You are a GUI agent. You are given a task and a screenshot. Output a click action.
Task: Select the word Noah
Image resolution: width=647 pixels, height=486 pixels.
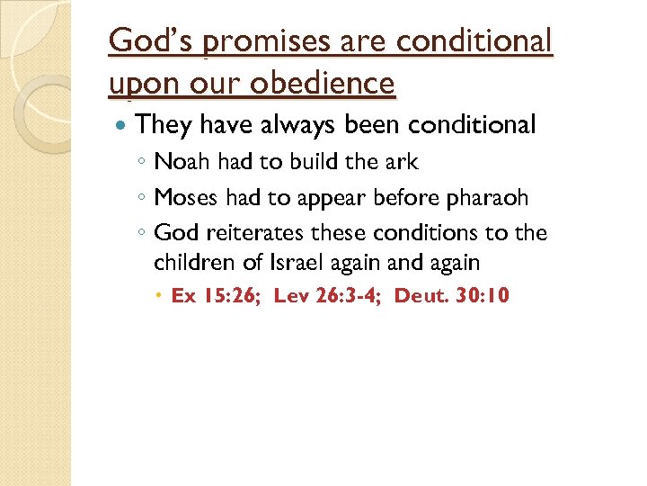pyautogui.click(x=182, y=162)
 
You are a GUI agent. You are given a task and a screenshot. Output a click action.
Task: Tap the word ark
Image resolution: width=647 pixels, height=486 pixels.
pyautogui.click(x=400, y=162)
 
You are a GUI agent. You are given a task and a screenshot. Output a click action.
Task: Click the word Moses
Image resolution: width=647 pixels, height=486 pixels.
pyautogui.click(x=185, y=198)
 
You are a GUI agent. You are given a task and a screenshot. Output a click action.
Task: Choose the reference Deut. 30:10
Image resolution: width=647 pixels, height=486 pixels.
pyautogui.click(x=452, y=295)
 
